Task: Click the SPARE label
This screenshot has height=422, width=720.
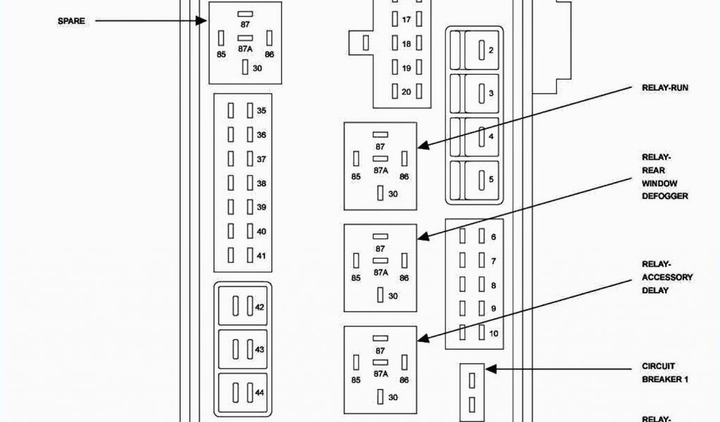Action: pos(71,21)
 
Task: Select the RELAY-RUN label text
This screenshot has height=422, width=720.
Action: pos(664,88)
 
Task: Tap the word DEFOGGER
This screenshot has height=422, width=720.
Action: pos(664,196)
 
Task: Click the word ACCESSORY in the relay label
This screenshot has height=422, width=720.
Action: pos(667,277)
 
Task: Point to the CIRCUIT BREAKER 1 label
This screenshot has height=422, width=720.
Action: pos(664,373)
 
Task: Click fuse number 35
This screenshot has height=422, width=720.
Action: pos(261,111)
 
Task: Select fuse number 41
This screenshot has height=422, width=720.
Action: pos(261,255)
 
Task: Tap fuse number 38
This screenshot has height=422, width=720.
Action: pos(261,184)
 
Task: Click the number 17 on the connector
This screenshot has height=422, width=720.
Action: pos(406,20)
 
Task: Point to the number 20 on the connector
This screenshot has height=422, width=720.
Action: pos(406,92)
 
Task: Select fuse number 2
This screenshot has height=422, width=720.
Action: pos(491,50)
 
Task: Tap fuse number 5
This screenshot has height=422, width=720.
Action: pos(491,179)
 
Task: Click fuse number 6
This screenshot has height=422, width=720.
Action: pos(493,238)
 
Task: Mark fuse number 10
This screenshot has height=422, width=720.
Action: pos(493,333)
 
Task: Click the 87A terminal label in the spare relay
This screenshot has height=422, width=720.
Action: pos(245,49)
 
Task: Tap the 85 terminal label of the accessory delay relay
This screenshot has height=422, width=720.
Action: pos(356,381)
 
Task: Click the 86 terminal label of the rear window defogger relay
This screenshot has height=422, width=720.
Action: pos(404,278)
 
